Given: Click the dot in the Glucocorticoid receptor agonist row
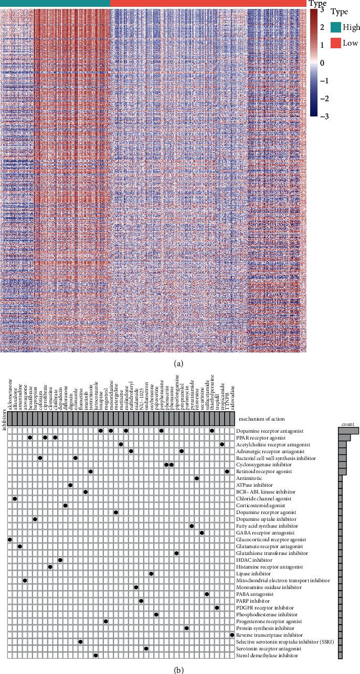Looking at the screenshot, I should (9, 539).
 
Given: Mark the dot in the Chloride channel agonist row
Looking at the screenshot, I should (15, 498).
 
